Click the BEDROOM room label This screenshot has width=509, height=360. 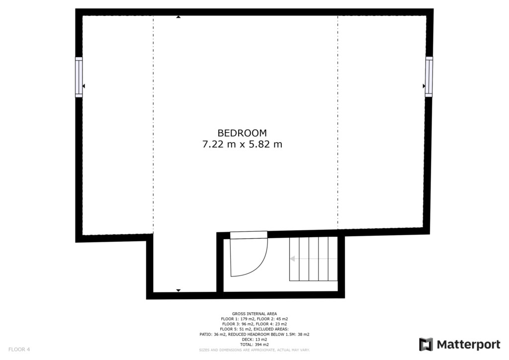coord(242,133)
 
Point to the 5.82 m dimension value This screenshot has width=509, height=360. coord(265,144)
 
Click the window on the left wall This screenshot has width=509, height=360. coord(79,77)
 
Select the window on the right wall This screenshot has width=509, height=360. coord(429,77)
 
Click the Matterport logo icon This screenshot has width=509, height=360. coord(426,345)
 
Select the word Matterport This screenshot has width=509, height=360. coord(468,345)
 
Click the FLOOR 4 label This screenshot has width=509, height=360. coord(19,350)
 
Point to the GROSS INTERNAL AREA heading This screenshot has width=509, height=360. coord(254,314)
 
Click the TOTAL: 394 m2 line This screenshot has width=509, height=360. coord(254,345)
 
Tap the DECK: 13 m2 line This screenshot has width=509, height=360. coord(254,340)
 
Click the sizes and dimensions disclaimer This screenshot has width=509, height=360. coord(254,350)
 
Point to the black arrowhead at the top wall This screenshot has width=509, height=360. coord(178,17)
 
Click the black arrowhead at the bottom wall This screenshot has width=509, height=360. coord(178,290)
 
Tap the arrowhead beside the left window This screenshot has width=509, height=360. coord(84,86)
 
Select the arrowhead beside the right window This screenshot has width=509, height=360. coord(424,86)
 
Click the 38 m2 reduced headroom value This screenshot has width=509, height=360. coord(304,334)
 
